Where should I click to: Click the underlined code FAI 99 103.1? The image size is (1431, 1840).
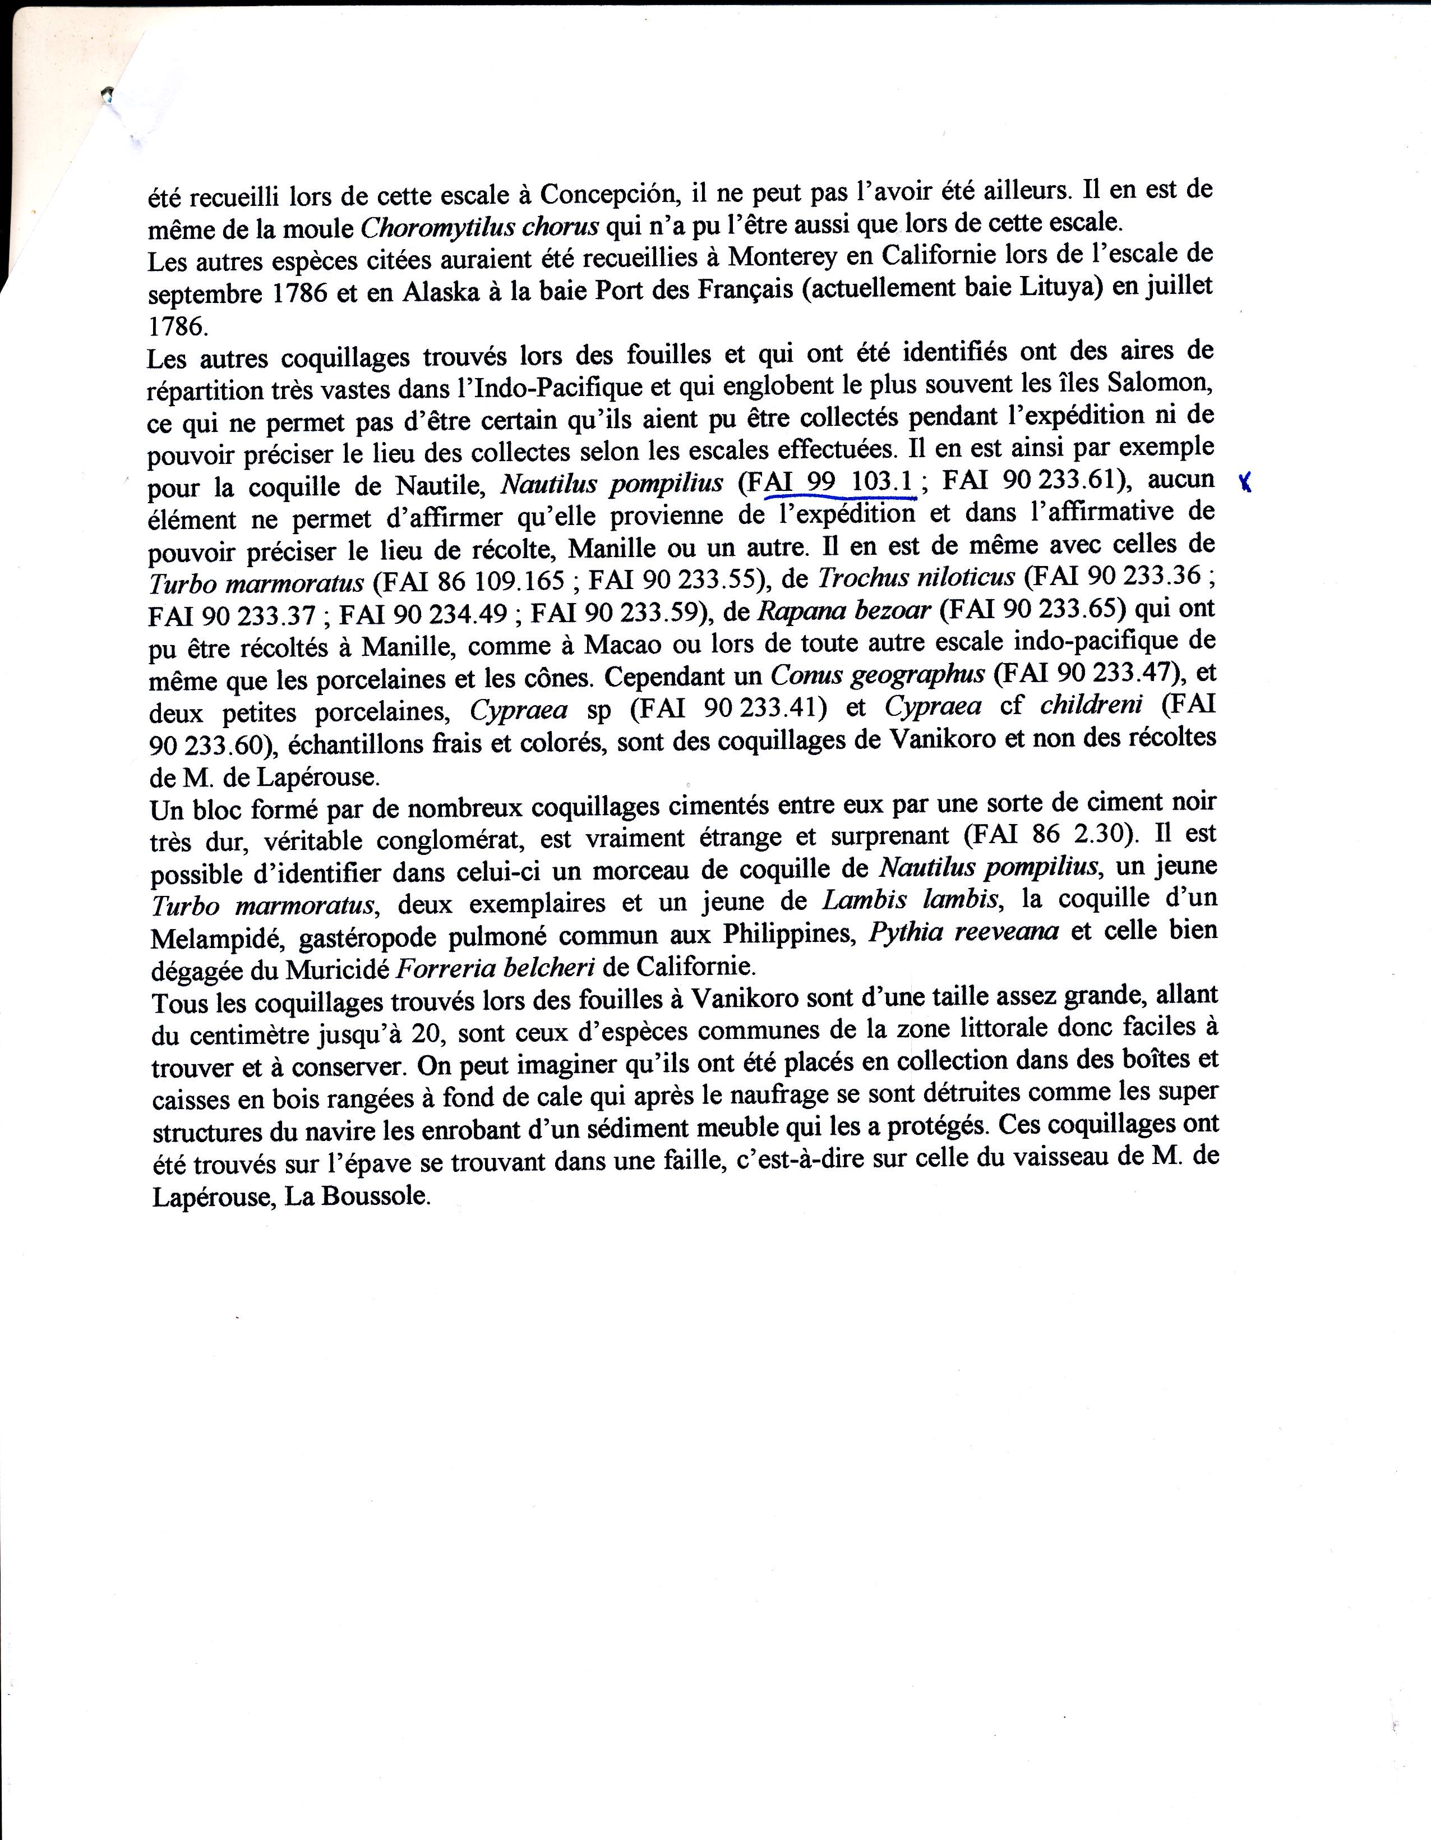(839, 483)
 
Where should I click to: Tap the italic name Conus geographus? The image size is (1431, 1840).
(877, 675)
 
